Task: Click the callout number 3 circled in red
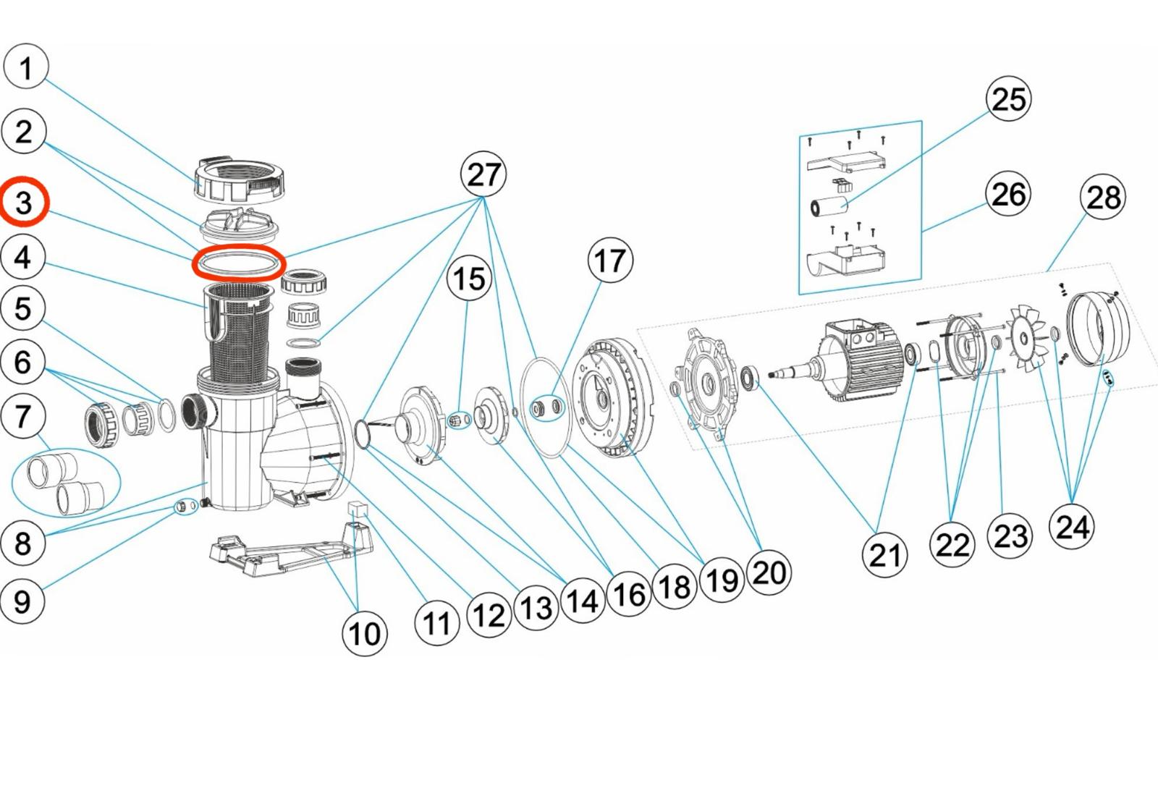24,203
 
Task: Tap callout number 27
483,174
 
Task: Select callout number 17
610,261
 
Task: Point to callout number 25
1009,99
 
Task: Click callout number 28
1103,197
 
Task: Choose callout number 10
364,633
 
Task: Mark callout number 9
22,601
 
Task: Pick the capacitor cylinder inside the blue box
829,205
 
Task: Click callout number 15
469,279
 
